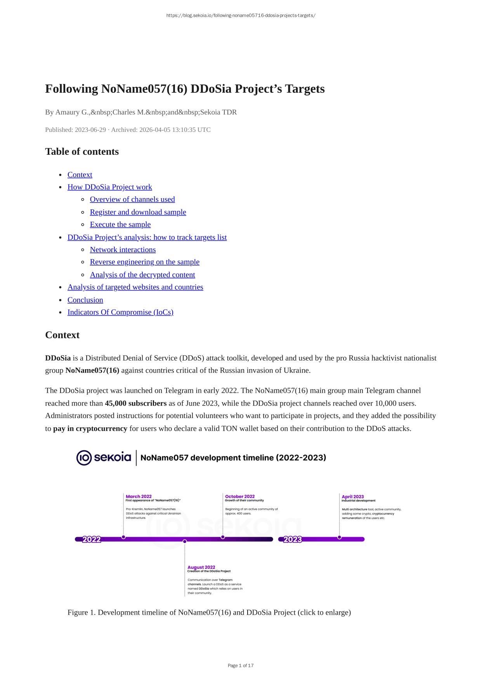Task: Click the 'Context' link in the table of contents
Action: point(80,175)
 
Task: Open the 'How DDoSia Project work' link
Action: point(109,187)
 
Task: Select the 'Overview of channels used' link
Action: point(132,199)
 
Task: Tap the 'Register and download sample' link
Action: point(138,212)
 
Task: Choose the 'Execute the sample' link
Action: point(120,225)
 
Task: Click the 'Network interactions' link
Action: point(123,250)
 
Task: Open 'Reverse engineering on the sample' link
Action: point(144,262)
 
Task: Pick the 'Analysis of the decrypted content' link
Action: point(142,275)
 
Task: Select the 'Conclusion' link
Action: point(85,300)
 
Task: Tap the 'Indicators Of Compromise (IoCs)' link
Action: point(120,313)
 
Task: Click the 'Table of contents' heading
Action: point(82,152)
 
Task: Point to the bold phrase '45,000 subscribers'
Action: point(135,403)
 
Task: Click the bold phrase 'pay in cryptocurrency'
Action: point(90,429)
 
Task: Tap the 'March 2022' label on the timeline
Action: point(139,496)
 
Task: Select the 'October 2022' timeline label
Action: point(240,496)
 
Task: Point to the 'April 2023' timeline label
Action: point(353,497)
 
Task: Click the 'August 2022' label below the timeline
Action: point(201,567)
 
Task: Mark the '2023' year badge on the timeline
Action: point(293,539)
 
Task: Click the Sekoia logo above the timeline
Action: point(104,458)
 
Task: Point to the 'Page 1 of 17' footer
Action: point(241,665)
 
